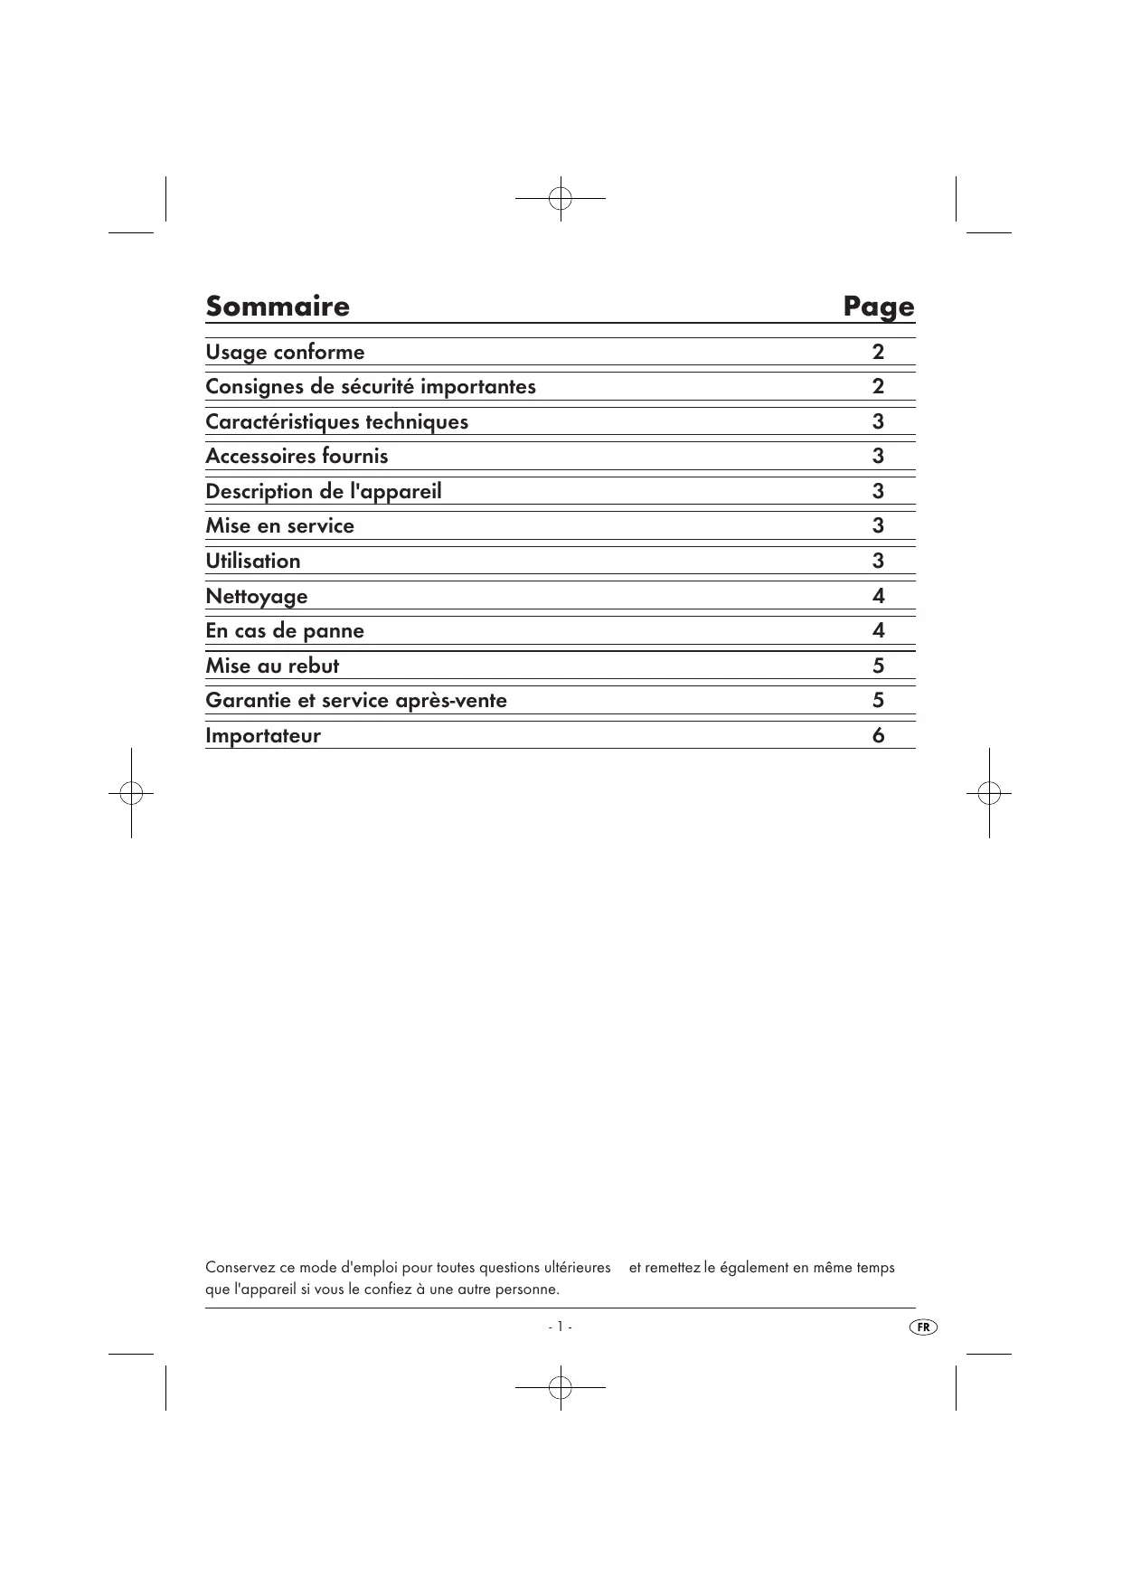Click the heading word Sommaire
[278, 307]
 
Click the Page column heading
[878, 307]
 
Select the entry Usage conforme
[285, 352]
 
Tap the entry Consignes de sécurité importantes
[371, 386]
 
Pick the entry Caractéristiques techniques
[336, 421]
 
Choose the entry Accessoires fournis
[297, 456]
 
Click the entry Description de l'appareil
[324, 491]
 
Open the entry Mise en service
[279, 525]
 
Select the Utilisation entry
[253, 561]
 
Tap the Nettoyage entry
[257, 596]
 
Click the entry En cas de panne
[285, 630]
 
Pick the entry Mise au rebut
[272, 666]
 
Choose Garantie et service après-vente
[356, 700]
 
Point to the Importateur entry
[263, 735]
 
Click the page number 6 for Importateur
[878, 735]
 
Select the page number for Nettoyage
[878, 596]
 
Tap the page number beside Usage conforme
[878, 352]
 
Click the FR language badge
[922, 1327]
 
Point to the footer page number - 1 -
[560, 1327]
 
